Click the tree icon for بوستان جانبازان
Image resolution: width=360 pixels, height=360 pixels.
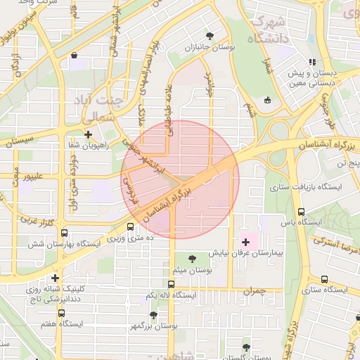(210, 35)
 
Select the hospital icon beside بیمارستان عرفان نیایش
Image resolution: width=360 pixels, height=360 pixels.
(245, 241)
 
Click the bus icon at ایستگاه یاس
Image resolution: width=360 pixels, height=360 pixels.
(302, 212)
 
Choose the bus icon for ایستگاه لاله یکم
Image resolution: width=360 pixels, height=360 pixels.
(172, 284)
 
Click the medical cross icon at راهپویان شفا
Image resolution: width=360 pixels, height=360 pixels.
(88, 134)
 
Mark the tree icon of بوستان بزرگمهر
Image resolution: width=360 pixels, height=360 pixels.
(153, 315)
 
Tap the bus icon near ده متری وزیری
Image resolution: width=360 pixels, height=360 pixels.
(131, 226)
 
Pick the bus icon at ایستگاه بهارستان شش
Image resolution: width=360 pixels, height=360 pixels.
(65, 233)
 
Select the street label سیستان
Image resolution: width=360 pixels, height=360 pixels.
(20, 141)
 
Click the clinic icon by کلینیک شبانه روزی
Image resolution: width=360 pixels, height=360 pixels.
(55, 278)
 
